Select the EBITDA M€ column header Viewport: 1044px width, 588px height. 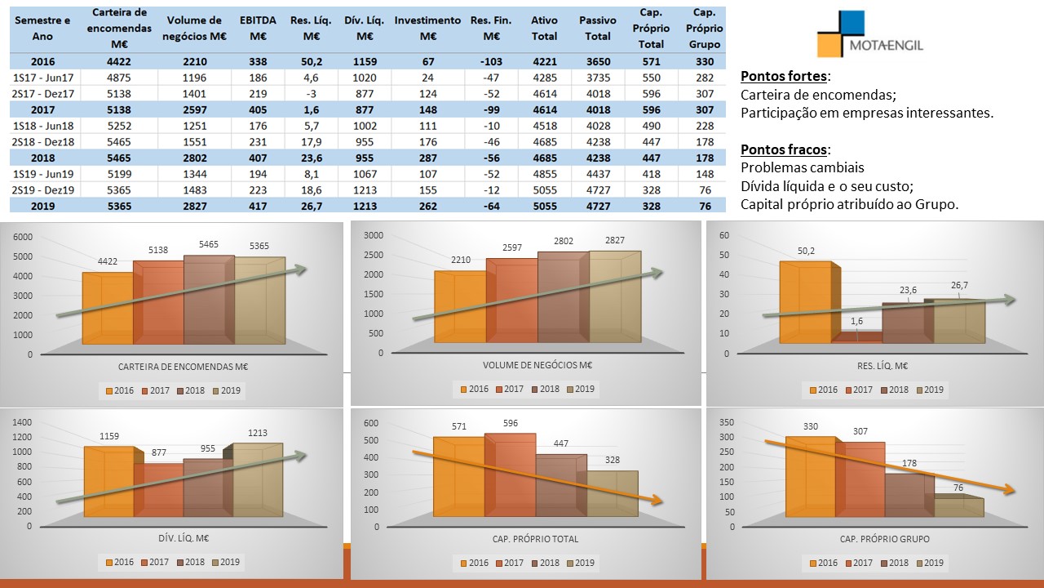tap(258, 28)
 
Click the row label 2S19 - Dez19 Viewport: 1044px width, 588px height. tap(42, 189)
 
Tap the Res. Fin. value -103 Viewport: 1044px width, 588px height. tap(491, 61)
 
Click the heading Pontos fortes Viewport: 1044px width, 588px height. tap(784, 77)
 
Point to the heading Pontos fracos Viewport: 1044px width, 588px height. tap(785, 149)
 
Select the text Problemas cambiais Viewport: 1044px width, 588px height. tap(802, 167)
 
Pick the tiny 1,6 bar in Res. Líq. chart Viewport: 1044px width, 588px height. tap(856, 336)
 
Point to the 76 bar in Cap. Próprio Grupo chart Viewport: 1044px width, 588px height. tap(958, 506)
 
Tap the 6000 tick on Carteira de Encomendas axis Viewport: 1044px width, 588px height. tap(24, 237)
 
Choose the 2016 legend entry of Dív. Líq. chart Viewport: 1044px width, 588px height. tap(119, 562)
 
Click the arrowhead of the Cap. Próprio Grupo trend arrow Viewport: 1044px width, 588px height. tap(1011, 491)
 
